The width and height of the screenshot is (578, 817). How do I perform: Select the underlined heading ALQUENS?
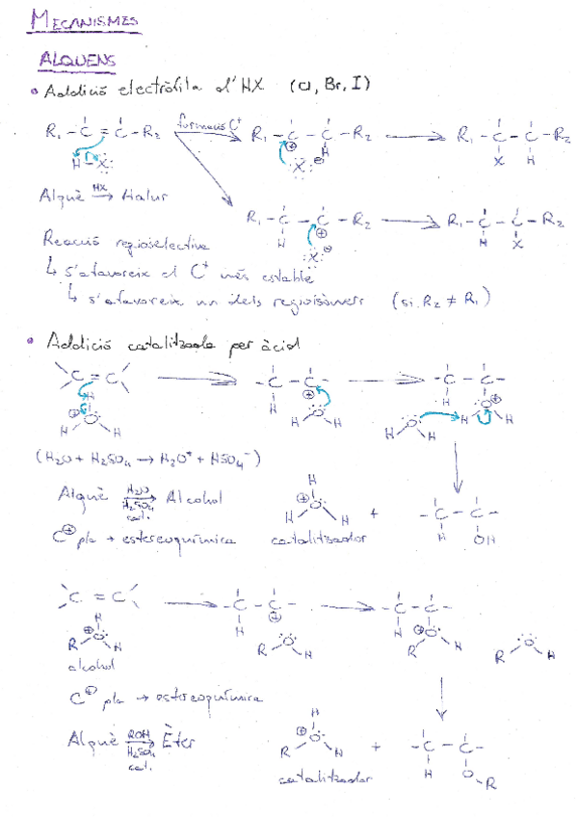[78, 62]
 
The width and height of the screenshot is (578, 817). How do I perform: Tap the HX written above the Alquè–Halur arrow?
[100, 186]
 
